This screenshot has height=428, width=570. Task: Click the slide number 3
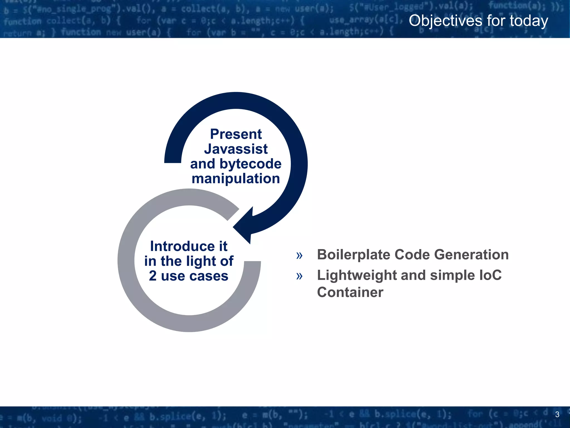point(557,414)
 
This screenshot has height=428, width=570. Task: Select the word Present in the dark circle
point(236,134)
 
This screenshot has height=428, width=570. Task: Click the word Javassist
point(236,149)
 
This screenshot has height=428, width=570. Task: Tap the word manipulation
point(236,179)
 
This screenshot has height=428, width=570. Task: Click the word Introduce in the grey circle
point(182,246)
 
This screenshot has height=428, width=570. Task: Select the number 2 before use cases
point(153,276)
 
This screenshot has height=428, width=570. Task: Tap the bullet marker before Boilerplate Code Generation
point(299,255)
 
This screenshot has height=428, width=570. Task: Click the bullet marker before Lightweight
point(299,276)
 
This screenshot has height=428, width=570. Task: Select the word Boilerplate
point(354,255)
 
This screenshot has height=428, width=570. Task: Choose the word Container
point(350,292)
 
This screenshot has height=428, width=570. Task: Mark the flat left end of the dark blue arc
point(173,162)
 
